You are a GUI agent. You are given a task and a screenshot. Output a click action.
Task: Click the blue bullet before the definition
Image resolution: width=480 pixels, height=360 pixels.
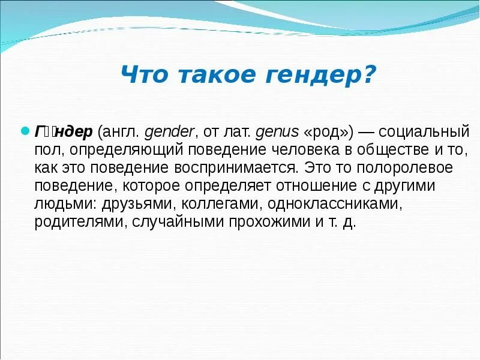[25, 130]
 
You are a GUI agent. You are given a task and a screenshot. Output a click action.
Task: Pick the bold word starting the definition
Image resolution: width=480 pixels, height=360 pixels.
[64, 131]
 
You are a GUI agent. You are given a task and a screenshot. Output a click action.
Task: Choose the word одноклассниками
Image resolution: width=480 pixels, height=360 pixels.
[334, 203]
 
